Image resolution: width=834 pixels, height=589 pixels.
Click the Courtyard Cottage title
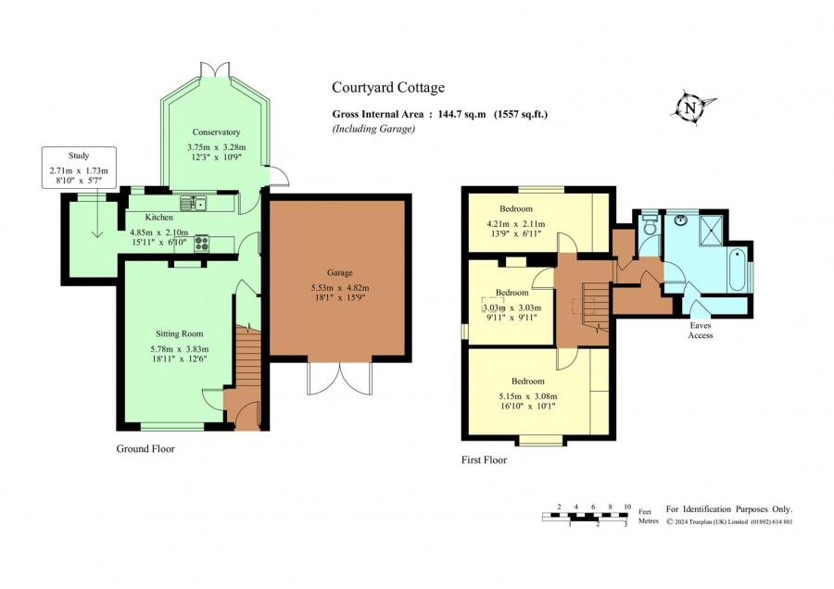[388, 88]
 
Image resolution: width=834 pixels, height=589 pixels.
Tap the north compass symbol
[691, 107]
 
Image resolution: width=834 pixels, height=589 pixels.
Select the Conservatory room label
[216, 132]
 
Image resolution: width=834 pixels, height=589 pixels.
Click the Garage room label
[340, 272]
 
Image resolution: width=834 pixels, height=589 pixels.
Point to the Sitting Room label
[179, 333]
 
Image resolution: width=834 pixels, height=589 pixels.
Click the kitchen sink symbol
[193, 203]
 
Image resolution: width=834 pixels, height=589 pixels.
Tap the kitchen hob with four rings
[202, 244]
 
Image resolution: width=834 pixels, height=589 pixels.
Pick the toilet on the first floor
[650, 225]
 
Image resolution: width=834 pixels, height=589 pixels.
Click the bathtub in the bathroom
[738, 269]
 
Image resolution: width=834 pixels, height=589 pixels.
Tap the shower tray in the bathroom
[711, 230]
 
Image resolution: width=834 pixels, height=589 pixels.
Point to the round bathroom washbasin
[681, 219]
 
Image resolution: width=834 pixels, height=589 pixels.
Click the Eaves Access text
[701, 330]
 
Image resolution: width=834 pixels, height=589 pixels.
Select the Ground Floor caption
[145, 448]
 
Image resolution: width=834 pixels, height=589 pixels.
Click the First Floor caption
[484, 460]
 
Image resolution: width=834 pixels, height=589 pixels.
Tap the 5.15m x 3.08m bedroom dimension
[528, 396]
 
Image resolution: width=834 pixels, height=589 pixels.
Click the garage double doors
[339, 379]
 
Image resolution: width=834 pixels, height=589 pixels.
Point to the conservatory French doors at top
[215, 69]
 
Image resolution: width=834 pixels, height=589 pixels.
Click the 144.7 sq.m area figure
[461, 114]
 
